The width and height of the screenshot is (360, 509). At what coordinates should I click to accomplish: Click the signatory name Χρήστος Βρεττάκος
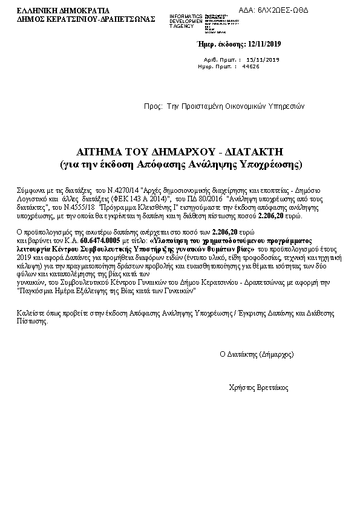(259, 387)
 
